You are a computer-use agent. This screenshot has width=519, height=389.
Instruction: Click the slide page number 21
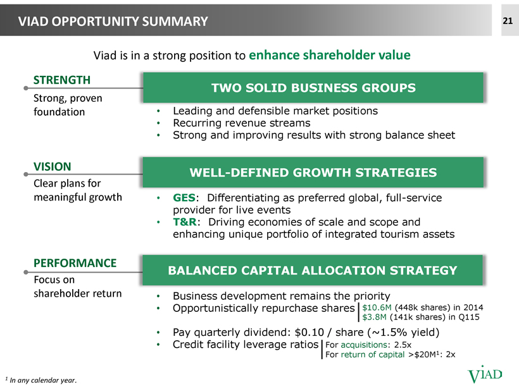click(508, 21)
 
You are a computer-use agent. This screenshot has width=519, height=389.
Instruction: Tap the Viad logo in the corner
click(485, 375)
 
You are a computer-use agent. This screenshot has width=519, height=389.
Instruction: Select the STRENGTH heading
click(62, 80)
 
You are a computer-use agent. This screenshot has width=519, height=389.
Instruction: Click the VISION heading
click(53, 166)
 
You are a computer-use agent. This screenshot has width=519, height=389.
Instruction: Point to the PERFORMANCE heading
click(75, 263)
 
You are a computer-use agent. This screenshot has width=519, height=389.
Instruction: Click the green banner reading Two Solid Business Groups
click(313, 88)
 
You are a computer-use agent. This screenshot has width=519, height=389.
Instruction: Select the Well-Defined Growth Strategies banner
click(313, 172)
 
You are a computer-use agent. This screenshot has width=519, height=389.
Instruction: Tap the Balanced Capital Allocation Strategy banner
click(313, 270)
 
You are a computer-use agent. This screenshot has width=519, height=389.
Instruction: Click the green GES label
click(184, 198)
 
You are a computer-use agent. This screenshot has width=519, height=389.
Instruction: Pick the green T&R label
click(185, 222)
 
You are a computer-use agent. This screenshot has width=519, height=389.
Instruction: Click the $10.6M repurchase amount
click(377, 307)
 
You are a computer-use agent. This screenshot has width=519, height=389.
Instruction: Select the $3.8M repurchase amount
click(374, 318)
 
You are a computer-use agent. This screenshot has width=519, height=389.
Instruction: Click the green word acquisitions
click(364, 345)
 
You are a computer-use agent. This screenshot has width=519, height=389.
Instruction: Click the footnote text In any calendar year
click(43, 380)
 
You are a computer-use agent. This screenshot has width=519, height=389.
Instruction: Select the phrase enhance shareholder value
click(330, 55)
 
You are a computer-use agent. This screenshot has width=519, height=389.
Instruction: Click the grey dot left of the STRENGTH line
click(26, 88)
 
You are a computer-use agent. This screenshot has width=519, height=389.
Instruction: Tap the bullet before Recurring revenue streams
click(158, 123)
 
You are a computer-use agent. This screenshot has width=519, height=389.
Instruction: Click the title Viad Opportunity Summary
click(113, 22)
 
